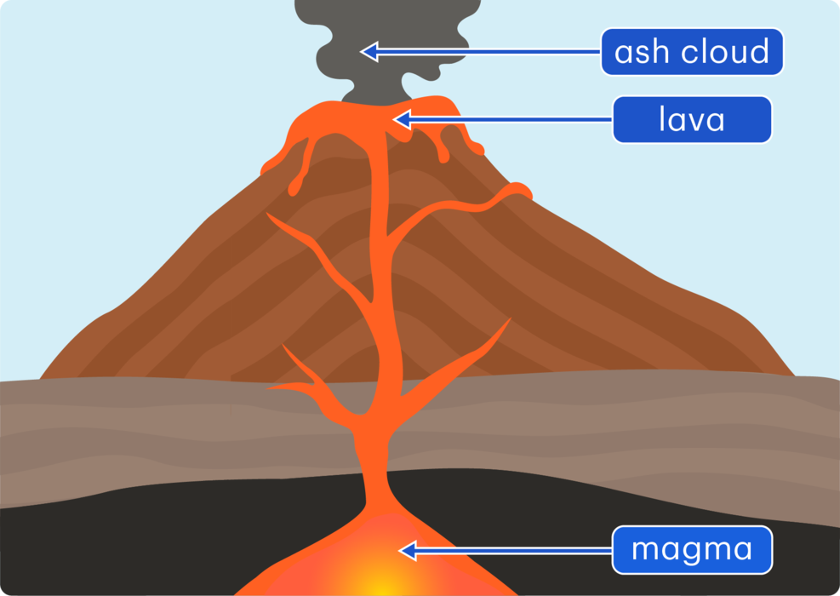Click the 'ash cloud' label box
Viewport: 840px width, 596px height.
coord(691,52)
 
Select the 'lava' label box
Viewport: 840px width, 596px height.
coord(691,119)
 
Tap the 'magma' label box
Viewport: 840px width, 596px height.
coord(691,549)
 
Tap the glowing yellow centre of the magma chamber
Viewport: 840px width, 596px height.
coord(374,579)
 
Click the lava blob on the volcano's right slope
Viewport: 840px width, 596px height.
coord(517,192)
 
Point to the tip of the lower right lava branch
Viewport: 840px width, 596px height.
coord(508,321)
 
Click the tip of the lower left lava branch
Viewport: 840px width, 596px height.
coord(271,387)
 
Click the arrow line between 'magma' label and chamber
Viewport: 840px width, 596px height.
coord(511,551)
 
